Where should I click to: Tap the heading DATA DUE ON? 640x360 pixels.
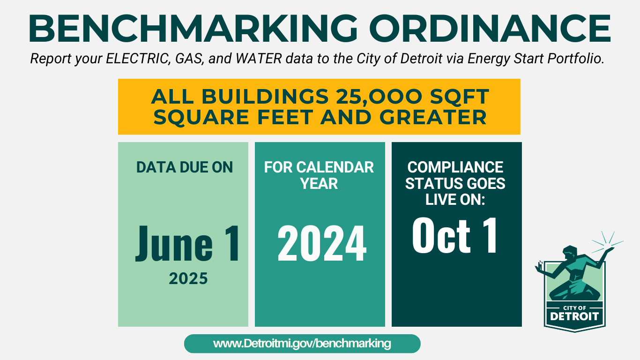pos(185,167)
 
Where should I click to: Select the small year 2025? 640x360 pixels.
pos(188,279)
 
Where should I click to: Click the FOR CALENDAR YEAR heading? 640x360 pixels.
pos(319,175)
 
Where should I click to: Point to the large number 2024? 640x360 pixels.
pos(321,244)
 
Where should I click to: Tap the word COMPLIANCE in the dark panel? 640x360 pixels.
pos(455,167)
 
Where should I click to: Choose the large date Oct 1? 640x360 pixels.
pos(454,236)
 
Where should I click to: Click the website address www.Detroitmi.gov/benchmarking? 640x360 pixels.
pos(302,344)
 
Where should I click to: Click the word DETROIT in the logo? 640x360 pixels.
pos(574,315)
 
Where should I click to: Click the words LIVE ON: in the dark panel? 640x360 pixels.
pos(455,199)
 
